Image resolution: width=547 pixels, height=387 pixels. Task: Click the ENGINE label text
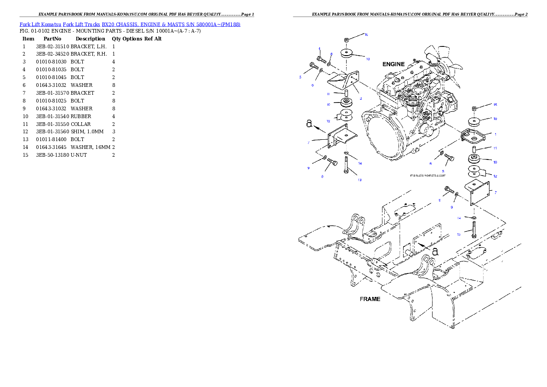click(x=393, y=64)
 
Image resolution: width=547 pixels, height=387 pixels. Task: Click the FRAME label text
click(x=370, y=299)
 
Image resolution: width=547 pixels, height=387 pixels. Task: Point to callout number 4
click(x=319, y=49)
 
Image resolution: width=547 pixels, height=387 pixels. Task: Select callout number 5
click(x=300, y=77)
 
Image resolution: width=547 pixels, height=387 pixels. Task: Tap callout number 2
click(x=361, y=98)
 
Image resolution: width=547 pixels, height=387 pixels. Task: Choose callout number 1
click(x=495, y=134)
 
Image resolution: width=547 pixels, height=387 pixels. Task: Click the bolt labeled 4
click(x=322, y=59)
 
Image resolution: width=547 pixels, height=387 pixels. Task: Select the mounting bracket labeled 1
click(x=473, y=136)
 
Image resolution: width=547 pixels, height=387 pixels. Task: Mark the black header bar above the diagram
click(x=410, y=17)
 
